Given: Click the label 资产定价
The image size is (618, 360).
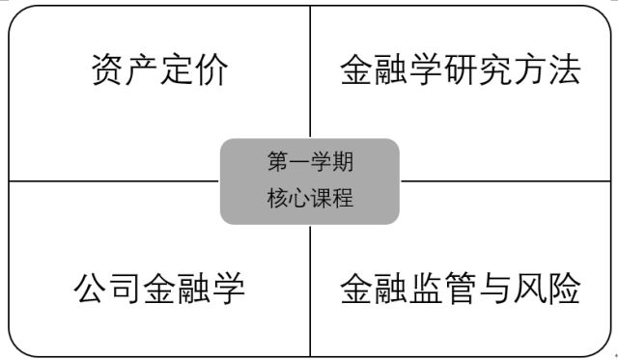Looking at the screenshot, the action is tap(160, 69).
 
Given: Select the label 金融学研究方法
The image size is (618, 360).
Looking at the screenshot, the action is tap(461, 69).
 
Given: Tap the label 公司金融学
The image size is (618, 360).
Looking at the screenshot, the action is tap(159, 288).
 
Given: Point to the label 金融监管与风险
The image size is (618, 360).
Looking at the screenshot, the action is tap(461, 288).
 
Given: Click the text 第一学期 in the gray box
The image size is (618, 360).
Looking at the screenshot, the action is tap(310, 161).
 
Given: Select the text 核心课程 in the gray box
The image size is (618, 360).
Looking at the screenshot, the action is tap(310, 197).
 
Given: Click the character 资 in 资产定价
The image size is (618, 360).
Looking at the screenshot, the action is tap(107, 69).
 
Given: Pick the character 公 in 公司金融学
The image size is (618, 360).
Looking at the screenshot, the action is tap(90, 288).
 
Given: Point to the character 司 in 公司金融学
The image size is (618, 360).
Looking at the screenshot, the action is tap(125, 288).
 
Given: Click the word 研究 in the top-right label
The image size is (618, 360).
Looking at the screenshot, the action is tap(478, 69).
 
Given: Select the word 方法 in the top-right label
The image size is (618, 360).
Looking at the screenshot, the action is tap(547, 69).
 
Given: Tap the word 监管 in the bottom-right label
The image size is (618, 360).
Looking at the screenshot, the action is tap(443, 288).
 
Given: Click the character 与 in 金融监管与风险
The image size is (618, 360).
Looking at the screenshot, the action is tap(494, 288).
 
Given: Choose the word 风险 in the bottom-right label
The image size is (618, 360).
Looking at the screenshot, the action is tap(547, 288).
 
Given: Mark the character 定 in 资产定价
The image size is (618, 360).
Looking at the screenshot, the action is tap(178, 69).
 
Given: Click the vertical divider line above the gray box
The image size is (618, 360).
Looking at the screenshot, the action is tap(310, 71).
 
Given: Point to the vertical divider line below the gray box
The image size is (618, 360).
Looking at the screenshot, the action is tap(310, 291).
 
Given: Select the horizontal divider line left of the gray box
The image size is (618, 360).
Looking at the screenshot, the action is tap(114, 181).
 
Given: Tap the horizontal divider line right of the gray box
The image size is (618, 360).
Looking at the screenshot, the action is tap(506, 181).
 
